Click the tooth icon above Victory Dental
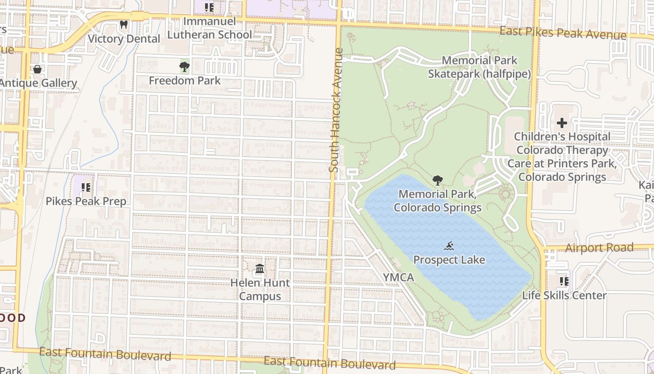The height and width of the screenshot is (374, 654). tap(124, 24)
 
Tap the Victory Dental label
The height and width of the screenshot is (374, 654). tap(124, 39)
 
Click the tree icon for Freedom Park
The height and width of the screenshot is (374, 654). tap(185, 66)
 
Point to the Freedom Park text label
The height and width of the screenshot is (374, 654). tap(185, 80)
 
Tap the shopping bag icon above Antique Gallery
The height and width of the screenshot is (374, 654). tap(37, 69)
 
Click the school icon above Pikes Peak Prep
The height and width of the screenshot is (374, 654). tap(85, 187)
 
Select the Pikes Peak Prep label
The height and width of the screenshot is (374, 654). tap(85, 201)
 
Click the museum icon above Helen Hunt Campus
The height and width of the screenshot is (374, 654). tap(260, 269)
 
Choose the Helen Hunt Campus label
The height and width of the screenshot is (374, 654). tap(260, 289)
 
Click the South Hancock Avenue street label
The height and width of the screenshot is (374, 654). tap(335, 110)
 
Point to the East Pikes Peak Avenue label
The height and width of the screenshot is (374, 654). tap(562, 33)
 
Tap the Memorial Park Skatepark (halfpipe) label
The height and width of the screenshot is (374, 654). tap(479, 67)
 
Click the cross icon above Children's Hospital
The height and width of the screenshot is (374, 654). tap(562, 123)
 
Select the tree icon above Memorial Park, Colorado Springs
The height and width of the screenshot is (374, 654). tap(438, 180)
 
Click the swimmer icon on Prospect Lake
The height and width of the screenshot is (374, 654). tap(449, 246)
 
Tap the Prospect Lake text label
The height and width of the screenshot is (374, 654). tap(449, 260)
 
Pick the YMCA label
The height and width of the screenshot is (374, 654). tap(398, 278)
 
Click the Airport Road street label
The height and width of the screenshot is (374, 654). tap(599, 248)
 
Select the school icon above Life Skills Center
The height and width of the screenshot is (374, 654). tap(564, 281)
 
